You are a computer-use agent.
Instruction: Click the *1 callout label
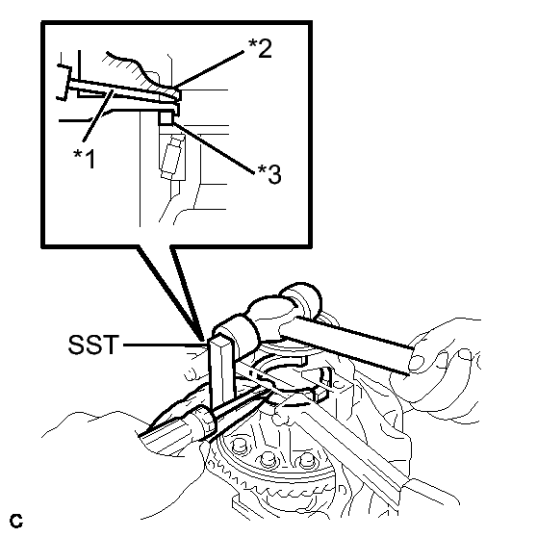click(x=85, y=159)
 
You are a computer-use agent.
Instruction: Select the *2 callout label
click(x=260, y=48)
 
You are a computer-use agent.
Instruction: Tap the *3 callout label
click(x=269, y=174)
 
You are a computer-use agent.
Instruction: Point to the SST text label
click(x=93, y=345)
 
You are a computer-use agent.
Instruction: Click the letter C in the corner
click(x=16, y=522)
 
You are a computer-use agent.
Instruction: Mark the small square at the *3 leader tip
click(x=166, y=118)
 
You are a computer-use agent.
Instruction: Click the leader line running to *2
click(x=208, y=69)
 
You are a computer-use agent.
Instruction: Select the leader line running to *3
click(x=214, y=148)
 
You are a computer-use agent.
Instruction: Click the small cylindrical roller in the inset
click(x=171, y=158)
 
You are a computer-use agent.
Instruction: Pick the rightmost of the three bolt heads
click(x=306, y=461)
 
